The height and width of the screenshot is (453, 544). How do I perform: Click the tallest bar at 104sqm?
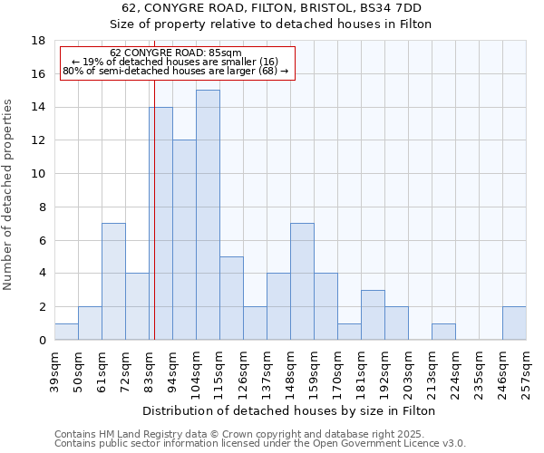coord(208,215)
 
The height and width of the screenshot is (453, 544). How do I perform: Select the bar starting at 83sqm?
coord(161,224)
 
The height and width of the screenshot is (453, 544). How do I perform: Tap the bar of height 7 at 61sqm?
coord(113,281)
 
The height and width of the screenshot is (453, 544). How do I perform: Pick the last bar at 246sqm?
coord(514,323)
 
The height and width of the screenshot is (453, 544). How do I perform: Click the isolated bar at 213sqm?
coord(443,332)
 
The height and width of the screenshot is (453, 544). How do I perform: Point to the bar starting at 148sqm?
coord(302,281)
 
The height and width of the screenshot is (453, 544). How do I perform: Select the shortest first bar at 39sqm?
coord(66,332)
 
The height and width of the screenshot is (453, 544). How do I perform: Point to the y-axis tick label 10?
coord(39,174)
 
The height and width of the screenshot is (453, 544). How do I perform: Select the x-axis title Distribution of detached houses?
coord(290,411)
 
